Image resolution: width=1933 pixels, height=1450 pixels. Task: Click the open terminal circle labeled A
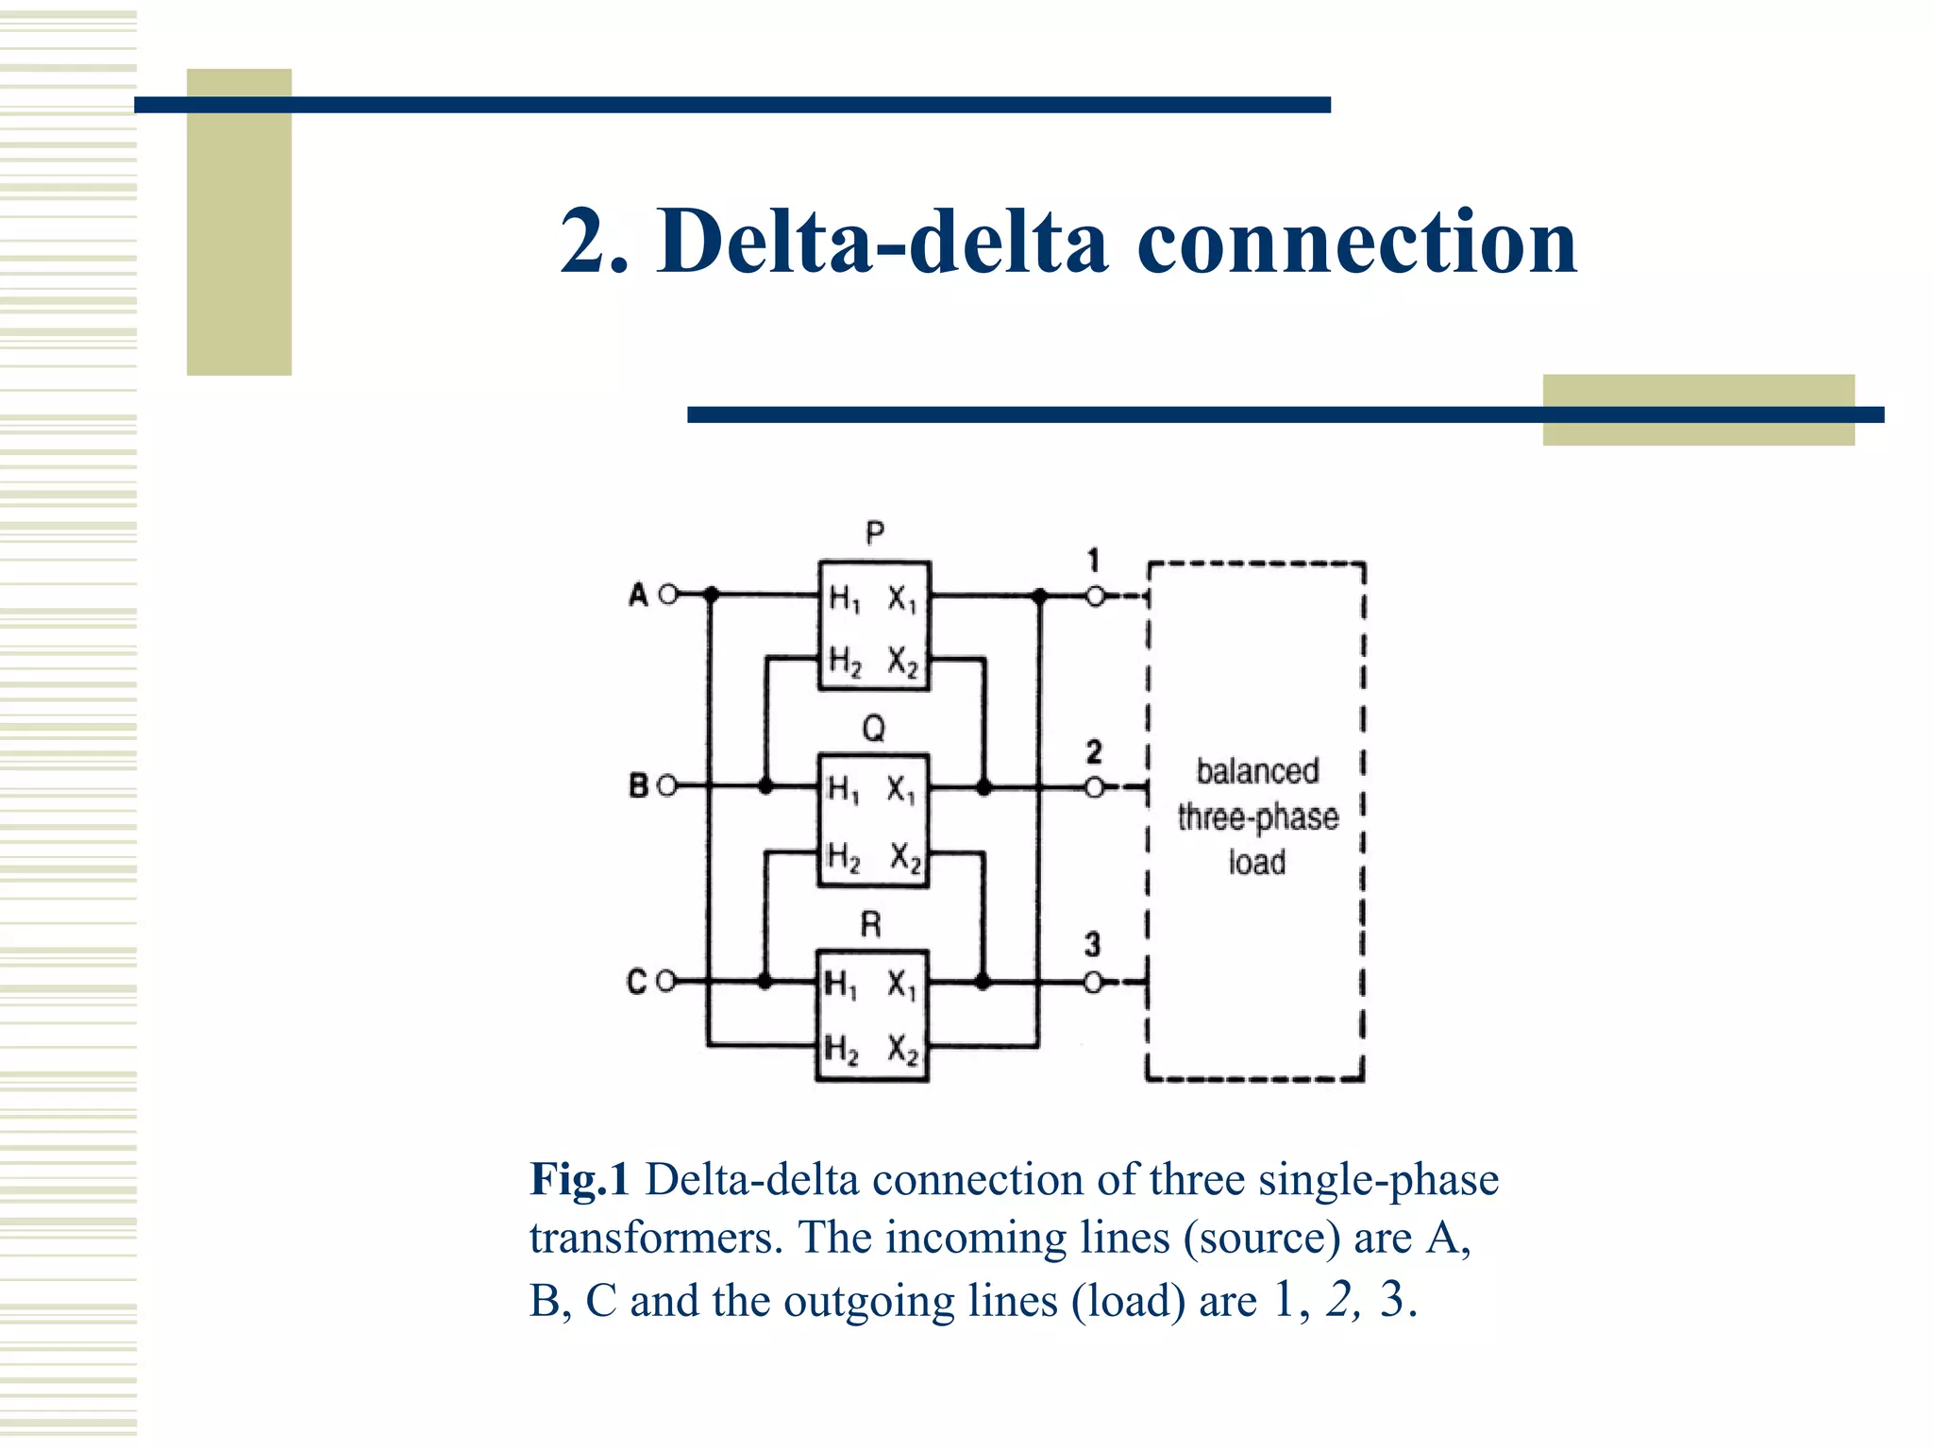click(668, 595)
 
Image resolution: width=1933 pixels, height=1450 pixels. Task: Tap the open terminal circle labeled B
click(666, 785)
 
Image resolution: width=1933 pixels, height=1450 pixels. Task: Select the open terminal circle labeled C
click(665, 982)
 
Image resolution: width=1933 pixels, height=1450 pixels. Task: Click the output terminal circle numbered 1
click(1095, 597)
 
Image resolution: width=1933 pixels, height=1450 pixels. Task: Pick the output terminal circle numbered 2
click(1094, 787)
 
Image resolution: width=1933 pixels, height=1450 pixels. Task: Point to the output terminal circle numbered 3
click(1093, 983)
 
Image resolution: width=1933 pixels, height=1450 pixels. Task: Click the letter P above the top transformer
click(875, 533)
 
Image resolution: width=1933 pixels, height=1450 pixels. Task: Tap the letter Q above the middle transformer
click(874, 728)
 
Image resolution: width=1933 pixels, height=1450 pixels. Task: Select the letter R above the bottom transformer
click(871, 924)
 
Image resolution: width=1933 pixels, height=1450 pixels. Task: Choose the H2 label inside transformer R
click(842, 1049)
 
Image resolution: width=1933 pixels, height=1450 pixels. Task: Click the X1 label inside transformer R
click(901, 986)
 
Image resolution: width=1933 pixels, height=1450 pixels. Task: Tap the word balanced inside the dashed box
click(1257, 771)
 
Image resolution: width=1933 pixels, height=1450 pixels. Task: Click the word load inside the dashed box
click(1257, 862)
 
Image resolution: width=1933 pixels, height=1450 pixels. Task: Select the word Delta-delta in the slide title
click(882, 242)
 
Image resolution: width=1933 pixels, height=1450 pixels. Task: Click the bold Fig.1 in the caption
click(579, 1179)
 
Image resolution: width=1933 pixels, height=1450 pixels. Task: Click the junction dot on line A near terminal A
click(712, 595)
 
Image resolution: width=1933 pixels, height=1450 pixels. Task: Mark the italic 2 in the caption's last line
click(1340, 1300)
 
